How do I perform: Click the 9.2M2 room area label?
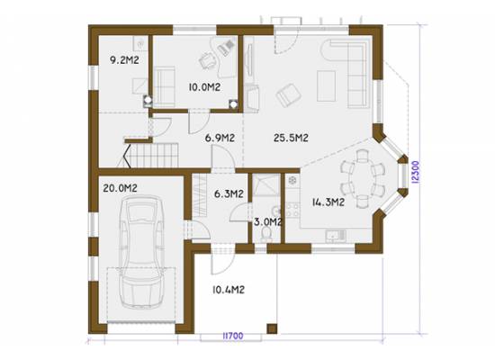pos(124,60)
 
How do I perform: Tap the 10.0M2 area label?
pos(204,87)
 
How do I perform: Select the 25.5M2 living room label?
pos(291,138)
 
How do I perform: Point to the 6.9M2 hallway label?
pos(220,138)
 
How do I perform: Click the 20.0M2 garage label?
pos(120,188)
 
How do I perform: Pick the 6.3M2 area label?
pos(229,193)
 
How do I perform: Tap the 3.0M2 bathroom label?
pos(267,222)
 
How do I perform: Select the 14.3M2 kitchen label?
pos(328,202)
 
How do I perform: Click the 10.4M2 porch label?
pos(229,290)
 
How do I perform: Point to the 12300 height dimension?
pos(416,172)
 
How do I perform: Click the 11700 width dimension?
pos(233,336)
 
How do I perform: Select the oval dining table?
pos(363,179)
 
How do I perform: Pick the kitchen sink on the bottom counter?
pos(337,236)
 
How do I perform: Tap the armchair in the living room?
pos(289,95)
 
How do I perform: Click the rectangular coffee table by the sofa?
pos(326,85)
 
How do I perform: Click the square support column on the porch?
pos(272,328)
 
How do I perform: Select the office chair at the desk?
pos(206,59)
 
